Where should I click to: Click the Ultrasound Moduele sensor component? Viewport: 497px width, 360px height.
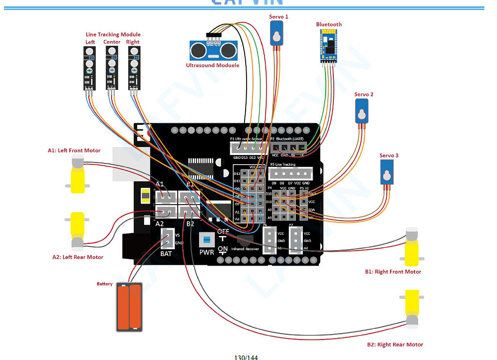213,50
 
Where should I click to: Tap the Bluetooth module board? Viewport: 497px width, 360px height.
329,46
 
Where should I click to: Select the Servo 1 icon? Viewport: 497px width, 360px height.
277,35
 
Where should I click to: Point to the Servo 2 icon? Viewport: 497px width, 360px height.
362,111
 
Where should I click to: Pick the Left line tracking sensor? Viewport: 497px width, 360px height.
90,70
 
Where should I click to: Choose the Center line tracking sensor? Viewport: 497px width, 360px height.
112,70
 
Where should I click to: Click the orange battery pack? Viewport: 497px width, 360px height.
129,308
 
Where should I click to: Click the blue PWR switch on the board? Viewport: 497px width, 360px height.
206,240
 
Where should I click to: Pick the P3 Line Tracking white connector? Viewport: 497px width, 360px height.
290,174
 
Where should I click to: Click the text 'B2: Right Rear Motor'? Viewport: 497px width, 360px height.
395,344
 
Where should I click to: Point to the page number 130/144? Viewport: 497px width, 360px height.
246,357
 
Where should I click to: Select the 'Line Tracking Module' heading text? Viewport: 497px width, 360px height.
113,34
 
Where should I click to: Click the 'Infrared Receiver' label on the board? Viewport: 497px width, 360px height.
245,249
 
